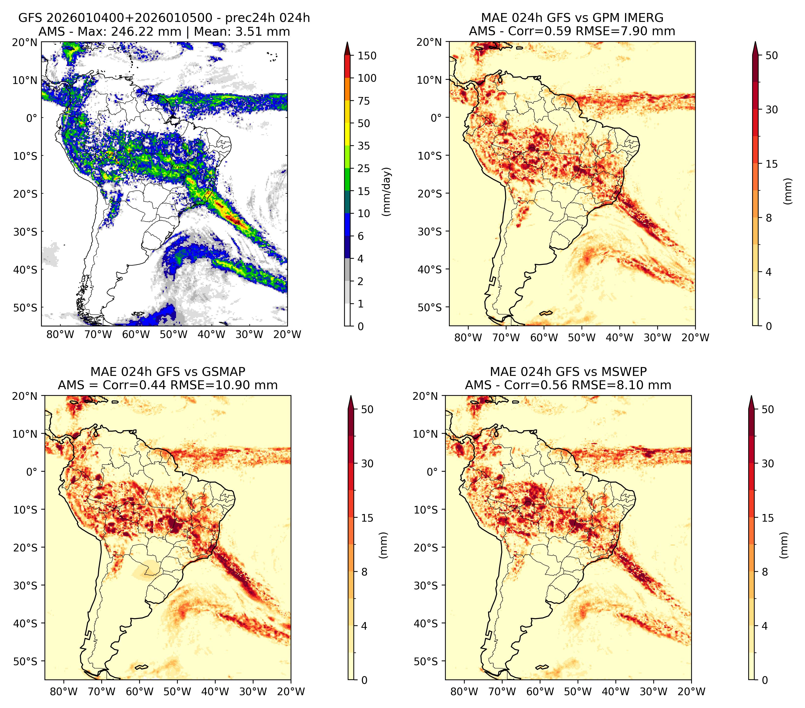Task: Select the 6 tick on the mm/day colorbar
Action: tap(361, 236)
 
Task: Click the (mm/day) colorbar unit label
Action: tap(387, 192)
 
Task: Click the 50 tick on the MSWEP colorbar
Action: tap(768, 410)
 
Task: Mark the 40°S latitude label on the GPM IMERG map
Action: tap(430, 270)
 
